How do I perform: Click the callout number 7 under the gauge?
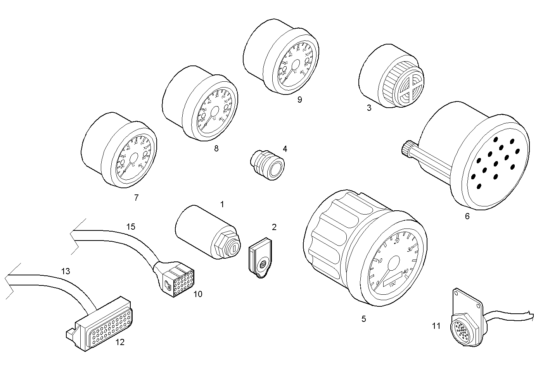pos(136,198)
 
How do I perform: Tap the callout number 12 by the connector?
pos(120,342)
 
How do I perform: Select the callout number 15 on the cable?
pos(131,227)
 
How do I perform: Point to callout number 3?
pos(369,108)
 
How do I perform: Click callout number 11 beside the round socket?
pos(436,326)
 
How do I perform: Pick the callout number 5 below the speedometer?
pos(363,319)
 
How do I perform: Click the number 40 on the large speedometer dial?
pos(406,271)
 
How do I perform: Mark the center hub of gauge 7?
pos(133,158)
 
